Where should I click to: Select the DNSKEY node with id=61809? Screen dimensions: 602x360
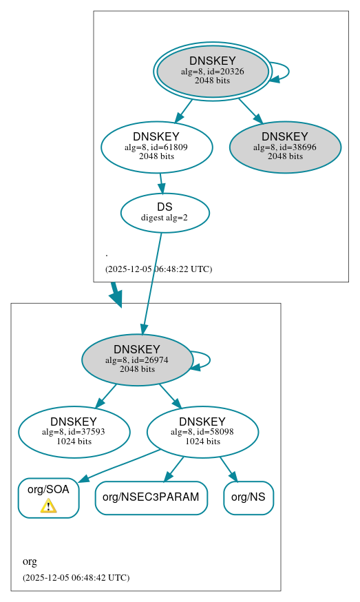(156, 147)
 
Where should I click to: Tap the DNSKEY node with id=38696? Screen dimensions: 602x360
(285, 147)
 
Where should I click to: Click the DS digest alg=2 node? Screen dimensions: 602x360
(165, 213)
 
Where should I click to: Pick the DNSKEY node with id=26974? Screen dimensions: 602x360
(137, 360)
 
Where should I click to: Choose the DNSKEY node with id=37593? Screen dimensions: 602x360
(74, 432)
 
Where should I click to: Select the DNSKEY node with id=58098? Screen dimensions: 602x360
(202, 432)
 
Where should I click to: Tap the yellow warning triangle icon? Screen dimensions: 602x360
(48, 506)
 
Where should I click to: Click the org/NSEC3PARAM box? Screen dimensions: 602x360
(151, 497)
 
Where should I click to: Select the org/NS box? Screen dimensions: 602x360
(248, 497)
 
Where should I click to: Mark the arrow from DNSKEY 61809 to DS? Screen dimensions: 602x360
(161, 183)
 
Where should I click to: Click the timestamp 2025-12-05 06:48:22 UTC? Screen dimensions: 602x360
(158, 269)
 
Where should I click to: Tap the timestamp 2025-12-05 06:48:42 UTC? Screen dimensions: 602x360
(76, 577)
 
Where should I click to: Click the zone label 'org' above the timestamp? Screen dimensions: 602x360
(30, 561)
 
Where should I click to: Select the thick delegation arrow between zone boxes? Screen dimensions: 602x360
(116, 295)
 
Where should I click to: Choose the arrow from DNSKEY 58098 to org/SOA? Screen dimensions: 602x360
(117, 466)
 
